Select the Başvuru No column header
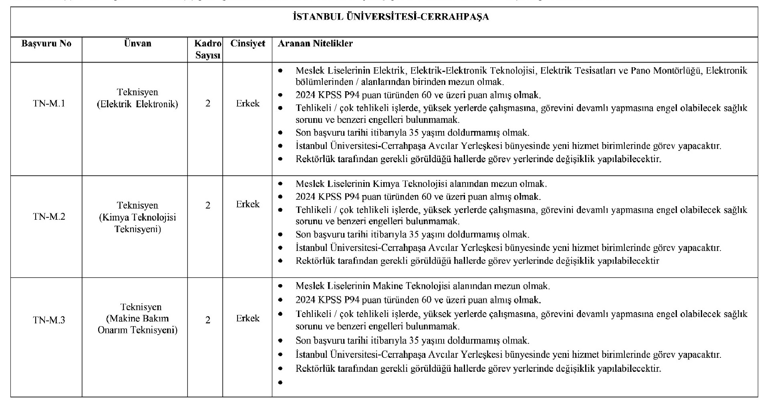click(46, 44)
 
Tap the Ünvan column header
click(137, 44)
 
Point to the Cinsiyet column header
click(248, 44)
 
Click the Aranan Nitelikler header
click(315, 44)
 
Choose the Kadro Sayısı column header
click(208, 49)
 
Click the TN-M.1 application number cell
click(49, 104)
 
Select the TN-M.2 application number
click(49, 217)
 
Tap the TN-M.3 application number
click(49, 320)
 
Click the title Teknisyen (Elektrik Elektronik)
click(137, 98)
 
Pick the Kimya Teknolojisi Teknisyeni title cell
click(137, 217)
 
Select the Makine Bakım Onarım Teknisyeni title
click(137, 319)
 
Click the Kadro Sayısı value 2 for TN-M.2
click(207, 205)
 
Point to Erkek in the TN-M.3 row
click(248, 319)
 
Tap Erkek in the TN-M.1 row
click(248, 104)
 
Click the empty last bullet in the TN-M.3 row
click(280, 383)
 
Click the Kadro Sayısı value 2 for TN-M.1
click(207, 104)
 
